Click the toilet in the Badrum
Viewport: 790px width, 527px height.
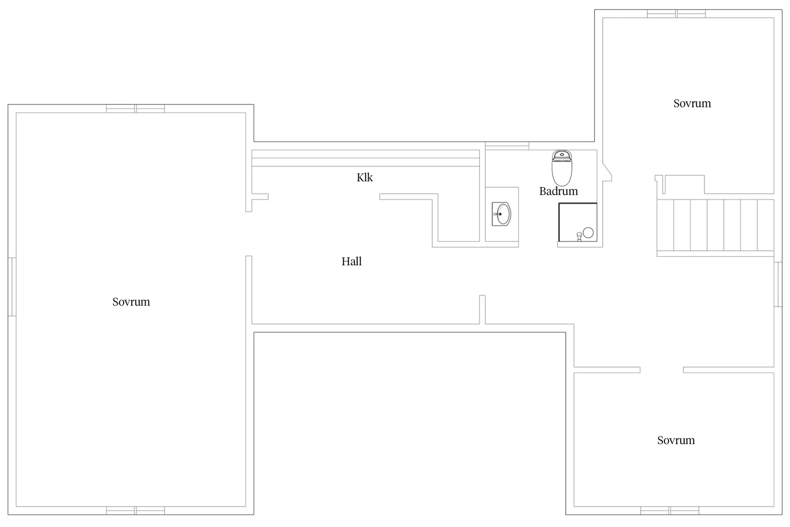(x=562, y=168)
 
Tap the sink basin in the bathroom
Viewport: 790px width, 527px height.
(x=501, y=214)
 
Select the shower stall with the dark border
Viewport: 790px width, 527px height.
(x=578, y=222)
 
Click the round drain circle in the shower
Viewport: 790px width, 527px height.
(x=588, y=233)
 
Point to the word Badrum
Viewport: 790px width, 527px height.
(x=559, y=191)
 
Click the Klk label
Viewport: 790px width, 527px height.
(x=365, y=177)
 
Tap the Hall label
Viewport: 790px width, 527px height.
(x=351, y=261)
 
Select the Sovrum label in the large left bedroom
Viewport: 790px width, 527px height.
(x=131, y=302)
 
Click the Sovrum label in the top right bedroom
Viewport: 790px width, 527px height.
(x=692, y=103)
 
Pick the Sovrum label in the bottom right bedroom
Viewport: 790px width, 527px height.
(x=676, y=440)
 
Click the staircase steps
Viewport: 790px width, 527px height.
(x=715, y=225)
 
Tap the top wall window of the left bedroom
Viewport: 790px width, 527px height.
(x=135, y=108)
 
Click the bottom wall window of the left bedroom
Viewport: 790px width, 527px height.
(x=135, y=510)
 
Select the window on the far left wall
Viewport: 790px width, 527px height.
(x=12, y=287)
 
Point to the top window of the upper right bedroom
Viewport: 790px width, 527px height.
(x=677, y=14)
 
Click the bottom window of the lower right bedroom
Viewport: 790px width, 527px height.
(x=670, y=510)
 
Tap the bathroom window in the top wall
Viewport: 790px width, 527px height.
(x=507, y=146)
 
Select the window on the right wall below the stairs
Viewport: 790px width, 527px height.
(x=778, y=284)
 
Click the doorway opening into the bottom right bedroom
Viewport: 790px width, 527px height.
(x=662, y=370)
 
